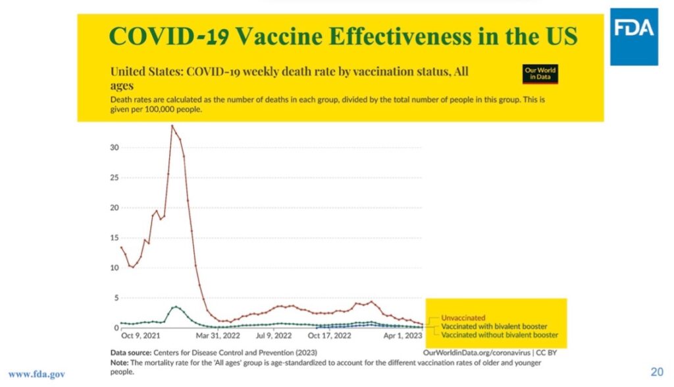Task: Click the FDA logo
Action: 633,36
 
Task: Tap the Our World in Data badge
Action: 540,74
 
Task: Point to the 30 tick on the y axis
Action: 114,148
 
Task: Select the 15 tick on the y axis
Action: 114,238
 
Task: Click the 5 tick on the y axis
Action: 116,298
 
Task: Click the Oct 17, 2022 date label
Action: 330,336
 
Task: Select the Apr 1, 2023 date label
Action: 403,336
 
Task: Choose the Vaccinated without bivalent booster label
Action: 498,334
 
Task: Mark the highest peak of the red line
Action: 172,125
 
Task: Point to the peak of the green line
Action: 175,307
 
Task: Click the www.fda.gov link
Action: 37,374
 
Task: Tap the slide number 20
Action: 656,371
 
